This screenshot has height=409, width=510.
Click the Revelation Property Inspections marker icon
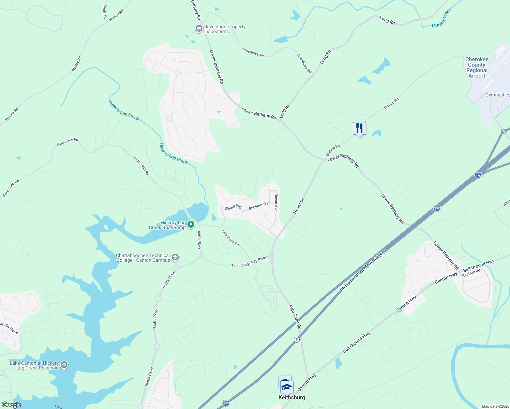click(199, 29)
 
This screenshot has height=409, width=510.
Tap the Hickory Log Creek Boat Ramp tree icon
click(191, 224)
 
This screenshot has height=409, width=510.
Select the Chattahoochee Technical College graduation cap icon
click(175, 257)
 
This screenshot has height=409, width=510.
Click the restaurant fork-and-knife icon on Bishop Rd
click(359, 128)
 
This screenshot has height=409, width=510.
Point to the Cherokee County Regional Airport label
click(477, 67)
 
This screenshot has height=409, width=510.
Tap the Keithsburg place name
click(291, 397)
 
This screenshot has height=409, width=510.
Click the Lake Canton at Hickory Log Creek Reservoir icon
click(64, 365)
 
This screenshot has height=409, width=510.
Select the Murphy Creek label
click(441, 18)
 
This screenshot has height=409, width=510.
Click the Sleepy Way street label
click(234, 207)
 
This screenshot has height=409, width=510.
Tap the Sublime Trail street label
click(259, 206)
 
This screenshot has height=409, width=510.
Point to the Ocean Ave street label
click(276, 202)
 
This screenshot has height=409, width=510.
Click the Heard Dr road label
click(299, 206)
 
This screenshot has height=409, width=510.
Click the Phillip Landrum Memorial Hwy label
click(363, 271)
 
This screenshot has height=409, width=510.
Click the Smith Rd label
click(105, 12)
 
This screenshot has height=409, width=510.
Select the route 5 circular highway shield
click(297, 339)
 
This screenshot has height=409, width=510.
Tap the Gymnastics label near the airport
click(497, 95)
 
